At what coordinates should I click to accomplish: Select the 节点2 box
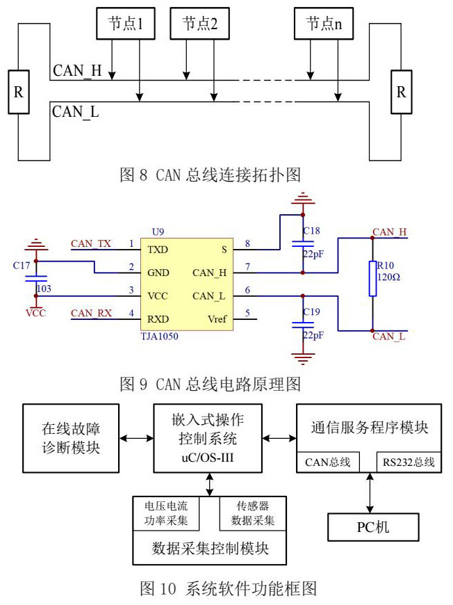pos(201,24)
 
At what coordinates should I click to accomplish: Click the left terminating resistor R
pos(19,91)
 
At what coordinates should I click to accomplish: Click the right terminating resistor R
pos(401,91)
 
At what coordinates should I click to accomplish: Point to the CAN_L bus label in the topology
pos(75,111)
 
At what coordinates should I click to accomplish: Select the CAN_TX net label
pos(90,243)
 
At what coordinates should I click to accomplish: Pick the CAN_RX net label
pos(90,314)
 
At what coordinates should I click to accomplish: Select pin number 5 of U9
pos(247,314)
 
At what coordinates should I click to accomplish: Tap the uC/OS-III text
pos(207,457)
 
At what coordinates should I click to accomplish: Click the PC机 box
pos(373,527)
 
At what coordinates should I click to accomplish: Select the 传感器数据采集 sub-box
pos(247,513)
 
